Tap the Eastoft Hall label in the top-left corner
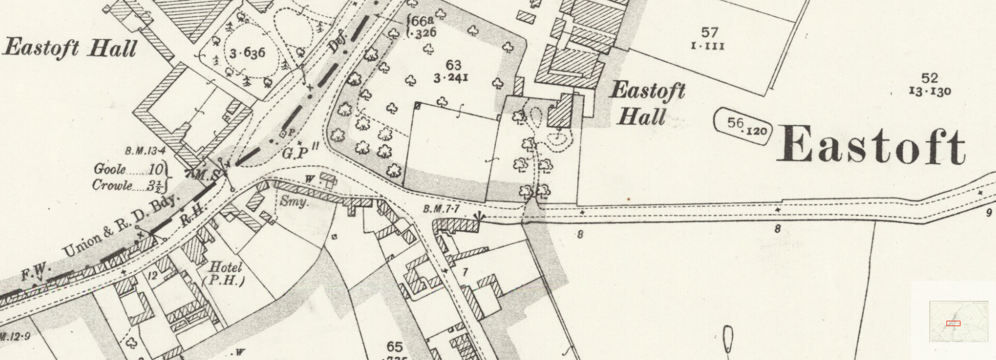[x=69, y=48]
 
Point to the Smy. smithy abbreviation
[x=294, y=202]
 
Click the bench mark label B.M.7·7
[x=441, y=209]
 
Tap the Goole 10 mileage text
[x=128, y=170]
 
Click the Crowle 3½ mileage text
[x=128, y=186]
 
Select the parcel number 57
[x=710, y=33]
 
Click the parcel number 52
[x=930, y=78]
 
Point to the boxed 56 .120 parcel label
[x=743, y=125]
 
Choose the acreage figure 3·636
[x=247, y=53]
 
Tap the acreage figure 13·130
[x=930, y=91]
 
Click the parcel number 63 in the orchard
[x=453, y=65]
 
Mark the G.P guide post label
[x=296, y=153]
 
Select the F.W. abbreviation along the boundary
[x=36, y=272]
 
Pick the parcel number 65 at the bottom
[x=394, y=347]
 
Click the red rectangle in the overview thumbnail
[x=953, y=323]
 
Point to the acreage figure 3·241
[x=451, y=78]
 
